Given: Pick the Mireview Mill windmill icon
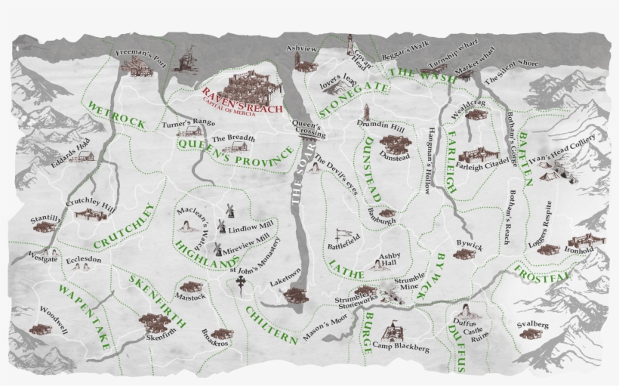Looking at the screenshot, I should [x=217, y=248].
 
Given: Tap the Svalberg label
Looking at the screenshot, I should [x=532, y=326].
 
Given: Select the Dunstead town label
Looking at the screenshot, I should [x=396, y=157].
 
